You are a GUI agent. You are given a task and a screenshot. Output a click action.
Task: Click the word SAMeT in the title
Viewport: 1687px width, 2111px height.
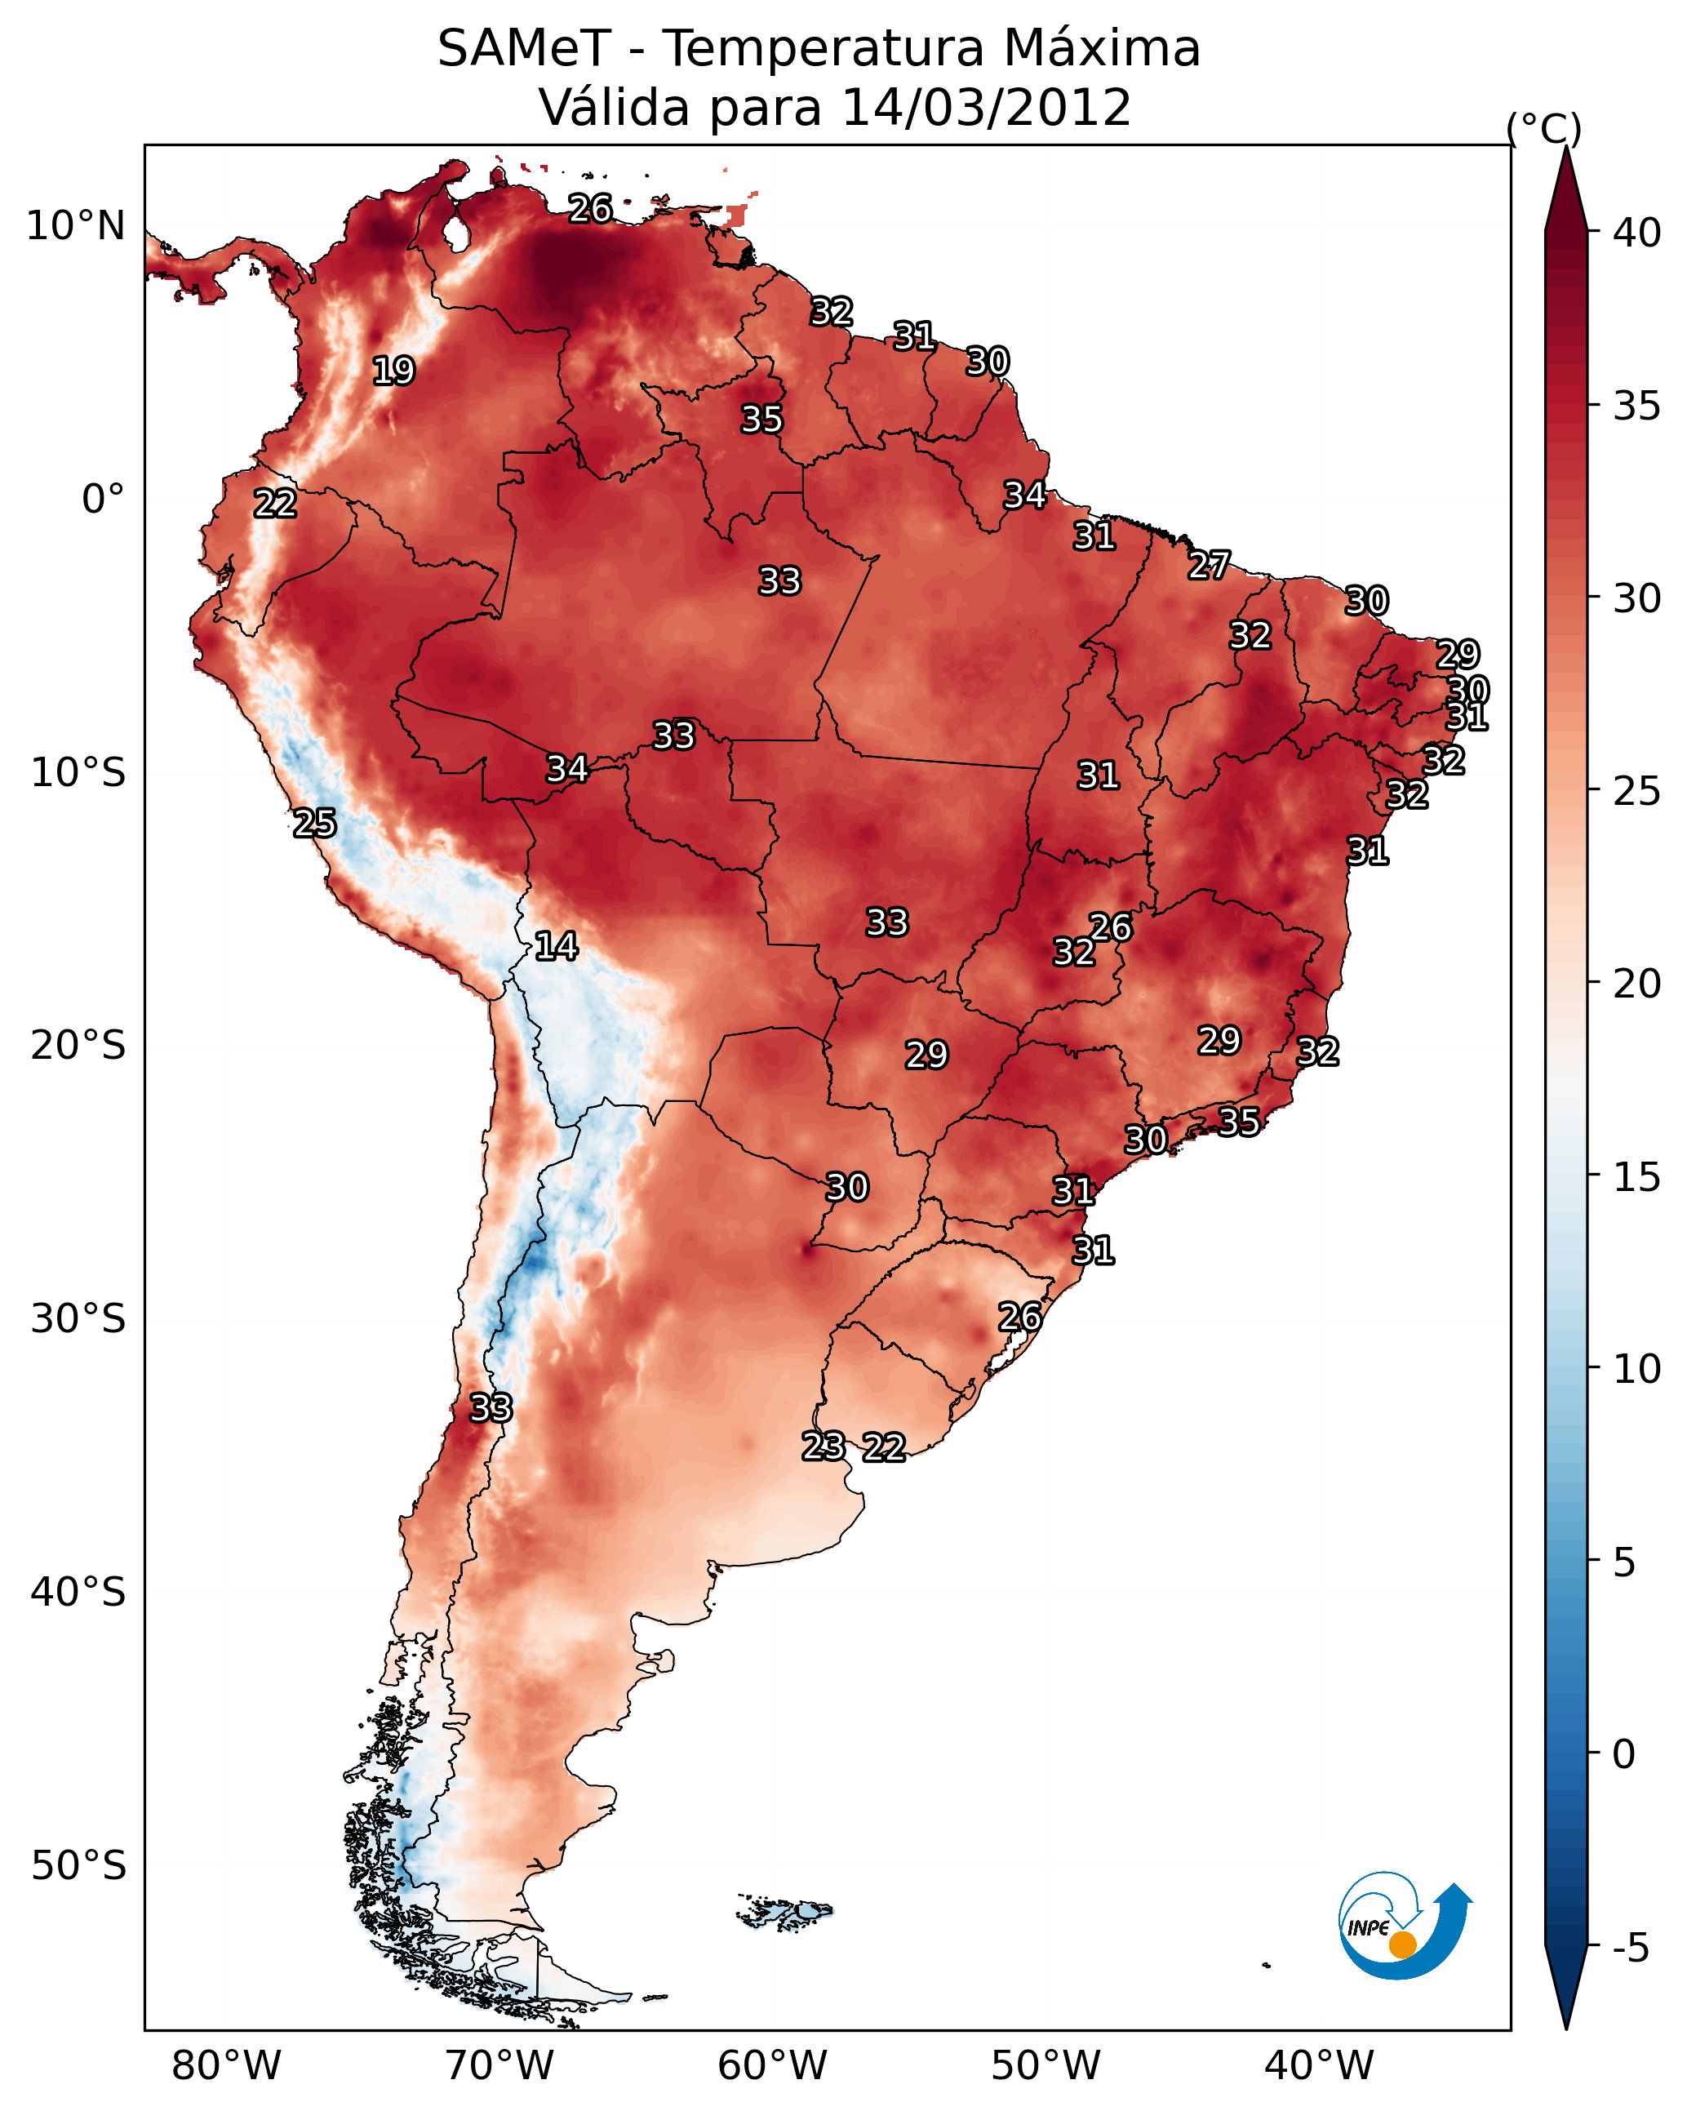524,49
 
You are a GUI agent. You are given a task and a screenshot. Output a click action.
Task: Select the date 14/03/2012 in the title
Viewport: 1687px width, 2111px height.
986,108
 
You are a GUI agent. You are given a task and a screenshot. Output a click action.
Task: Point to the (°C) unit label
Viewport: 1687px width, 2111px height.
1543,128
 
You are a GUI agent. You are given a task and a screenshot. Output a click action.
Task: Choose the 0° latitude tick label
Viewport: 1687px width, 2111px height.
104,500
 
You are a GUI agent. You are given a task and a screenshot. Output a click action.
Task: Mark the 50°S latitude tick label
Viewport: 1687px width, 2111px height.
78,1865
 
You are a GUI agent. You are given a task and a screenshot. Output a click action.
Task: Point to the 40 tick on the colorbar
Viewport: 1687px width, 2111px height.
1637,233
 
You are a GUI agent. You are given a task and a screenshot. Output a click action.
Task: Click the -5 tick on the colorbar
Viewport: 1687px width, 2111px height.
1630,1949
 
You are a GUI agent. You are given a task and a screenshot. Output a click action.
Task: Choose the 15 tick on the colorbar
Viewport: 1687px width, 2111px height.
1637,1177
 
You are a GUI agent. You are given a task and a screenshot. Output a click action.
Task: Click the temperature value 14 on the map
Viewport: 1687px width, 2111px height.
556,946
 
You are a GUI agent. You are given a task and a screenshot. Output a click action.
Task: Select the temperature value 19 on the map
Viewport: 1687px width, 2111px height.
393,371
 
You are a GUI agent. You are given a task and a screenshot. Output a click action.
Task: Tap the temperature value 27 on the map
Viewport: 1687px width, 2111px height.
1210,565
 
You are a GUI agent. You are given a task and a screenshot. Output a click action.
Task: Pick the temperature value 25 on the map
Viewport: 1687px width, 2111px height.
314,824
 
